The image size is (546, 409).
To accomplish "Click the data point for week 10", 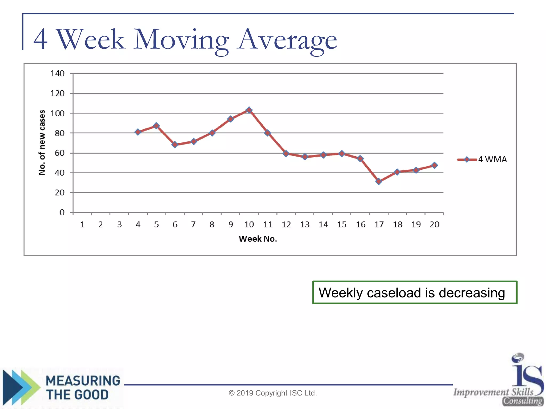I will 249,110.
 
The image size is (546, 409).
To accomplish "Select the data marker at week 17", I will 379,181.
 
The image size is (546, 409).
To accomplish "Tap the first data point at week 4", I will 138,132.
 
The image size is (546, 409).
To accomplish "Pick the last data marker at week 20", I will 434,165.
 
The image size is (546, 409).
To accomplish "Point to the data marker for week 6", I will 175,145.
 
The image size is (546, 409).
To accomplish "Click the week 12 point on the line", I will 286,153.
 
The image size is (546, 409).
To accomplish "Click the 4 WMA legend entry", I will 482,159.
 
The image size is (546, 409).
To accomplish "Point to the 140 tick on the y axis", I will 57,73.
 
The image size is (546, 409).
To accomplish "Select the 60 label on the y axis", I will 59,153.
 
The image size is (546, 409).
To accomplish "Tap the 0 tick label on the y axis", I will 62,212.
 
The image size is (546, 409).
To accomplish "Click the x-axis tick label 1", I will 82,225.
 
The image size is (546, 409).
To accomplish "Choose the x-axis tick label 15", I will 342,225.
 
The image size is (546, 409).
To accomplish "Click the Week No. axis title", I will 258,239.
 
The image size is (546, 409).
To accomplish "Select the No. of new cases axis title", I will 42,142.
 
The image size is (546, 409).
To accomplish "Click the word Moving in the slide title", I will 181,40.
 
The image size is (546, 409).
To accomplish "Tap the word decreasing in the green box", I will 472,293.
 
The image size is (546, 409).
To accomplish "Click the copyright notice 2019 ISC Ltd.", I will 273,393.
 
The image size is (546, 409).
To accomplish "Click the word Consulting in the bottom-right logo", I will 523,401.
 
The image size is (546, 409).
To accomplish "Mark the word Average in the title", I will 287,40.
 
